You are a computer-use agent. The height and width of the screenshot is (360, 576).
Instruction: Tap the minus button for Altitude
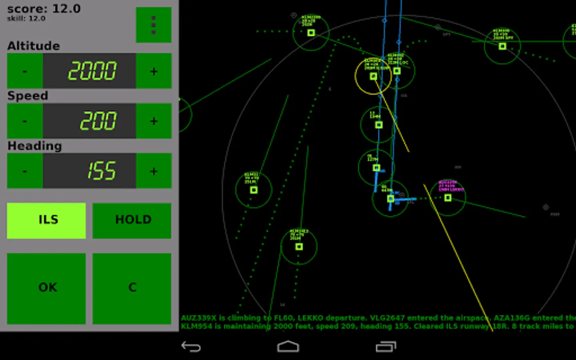(25, 71)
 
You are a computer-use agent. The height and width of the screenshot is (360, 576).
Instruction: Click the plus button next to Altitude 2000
(154, 71)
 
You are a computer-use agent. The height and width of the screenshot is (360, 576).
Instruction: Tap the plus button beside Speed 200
(154, 121)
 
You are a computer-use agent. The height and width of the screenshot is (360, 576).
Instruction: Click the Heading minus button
(25, 171)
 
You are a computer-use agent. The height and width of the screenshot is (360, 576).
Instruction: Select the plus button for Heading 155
(154, 171)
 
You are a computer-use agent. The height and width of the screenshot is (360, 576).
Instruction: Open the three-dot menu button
(154, 25)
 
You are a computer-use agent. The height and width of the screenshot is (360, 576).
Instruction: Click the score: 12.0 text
(44, 9)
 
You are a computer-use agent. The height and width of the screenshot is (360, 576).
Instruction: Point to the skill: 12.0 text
(26, 18)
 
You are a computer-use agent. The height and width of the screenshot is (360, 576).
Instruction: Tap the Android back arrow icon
(191, 346)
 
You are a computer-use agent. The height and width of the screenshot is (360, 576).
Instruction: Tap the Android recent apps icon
(386, 346)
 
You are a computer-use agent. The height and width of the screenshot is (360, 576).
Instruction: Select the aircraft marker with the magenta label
(448, 198)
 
